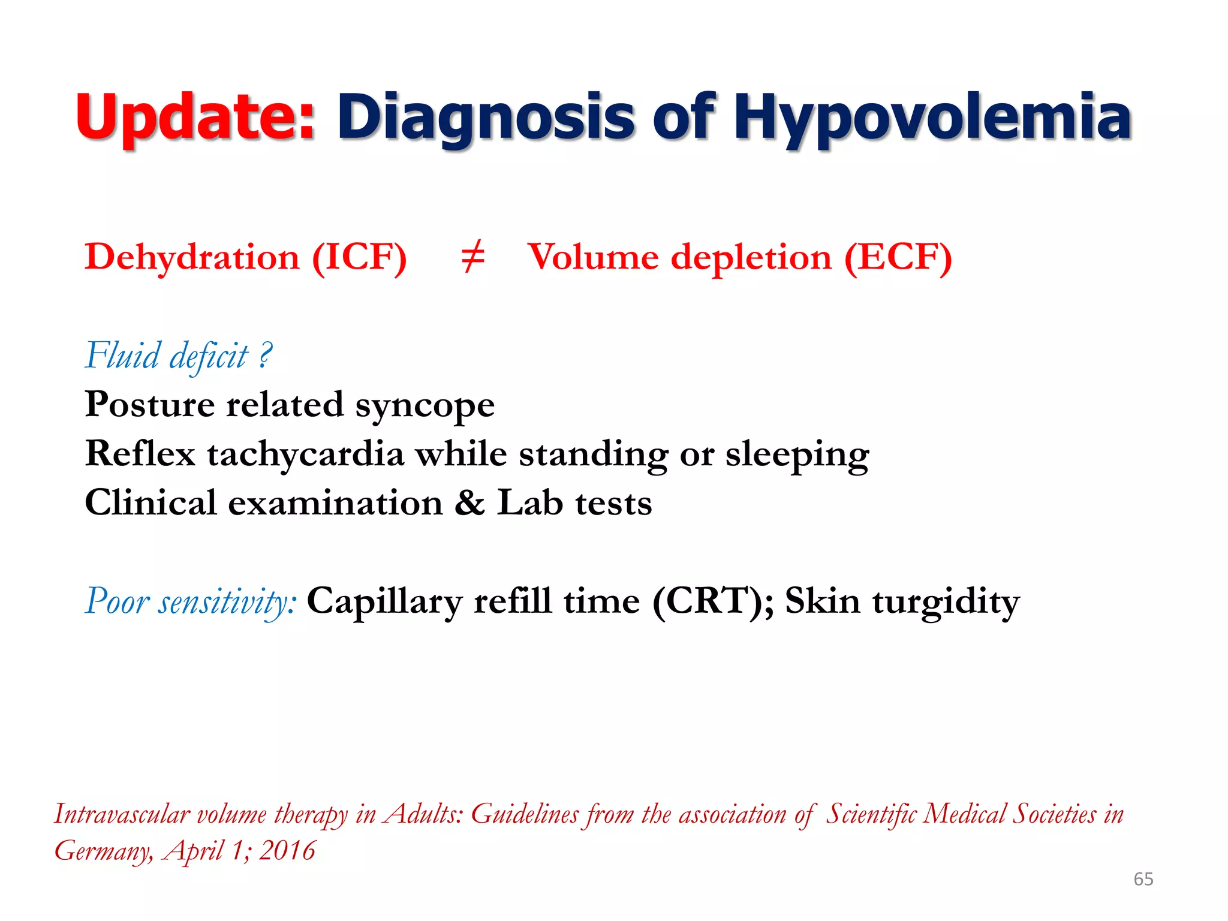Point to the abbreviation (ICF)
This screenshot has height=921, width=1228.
[359, 258]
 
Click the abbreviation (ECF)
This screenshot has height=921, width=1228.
[898, 258]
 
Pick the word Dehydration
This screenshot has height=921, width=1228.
[192, 258]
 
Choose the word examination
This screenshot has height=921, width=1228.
[335, 502]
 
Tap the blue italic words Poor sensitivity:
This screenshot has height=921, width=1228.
[191, 601]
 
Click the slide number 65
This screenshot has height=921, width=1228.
[1143, 879]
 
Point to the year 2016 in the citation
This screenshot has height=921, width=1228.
[287, 850]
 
